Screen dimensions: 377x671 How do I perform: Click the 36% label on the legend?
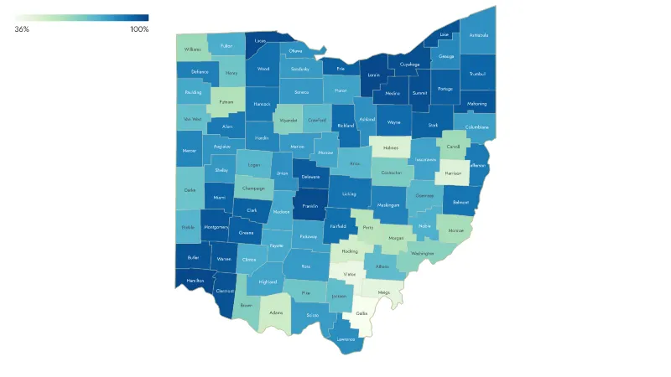pyautogui.click(x=22, y=29)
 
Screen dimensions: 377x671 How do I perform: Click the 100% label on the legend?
pyautogui.click(x=139, y=29)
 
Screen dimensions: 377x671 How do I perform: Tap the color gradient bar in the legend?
pyautogui.click(x=81, y=18)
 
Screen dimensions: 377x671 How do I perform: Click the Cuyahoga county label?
pyautogui.click(x=409, y=64)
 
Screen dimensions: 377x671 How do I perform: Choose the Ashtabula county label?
pyautogui.click(x=478, y=35)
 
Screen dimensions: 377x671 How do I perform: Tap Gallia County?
pyautogui.click(x=362, y=313)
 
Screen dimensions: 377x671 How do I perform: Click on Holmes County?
pyautogui.click(x=390, y=147)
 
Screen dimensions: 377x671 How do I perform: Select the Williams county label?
pyautogui.click(x=193, y=49)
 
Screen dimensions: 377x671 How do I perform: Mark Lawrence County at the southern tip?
pyautogui.click(x=346, y=339)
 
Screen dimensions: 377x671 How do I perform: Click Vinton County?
pyautogui.click(x=350, y=274)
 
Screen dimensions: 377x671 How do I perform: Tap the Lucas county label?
pyautogui.click(x=261, y=40)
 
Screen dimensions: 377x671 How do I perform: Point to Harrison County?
pyautogui.click(x=453, y=174)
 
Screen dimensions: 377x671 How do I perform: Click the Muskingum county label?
pyautogui.click(x=388, y=204)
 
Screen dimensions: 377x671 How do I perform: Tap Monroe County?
pyautogui.click(x=456, y=230)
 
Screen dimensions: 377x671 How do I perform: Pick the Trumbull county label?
pyautogui.click(x=478, y=73)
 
